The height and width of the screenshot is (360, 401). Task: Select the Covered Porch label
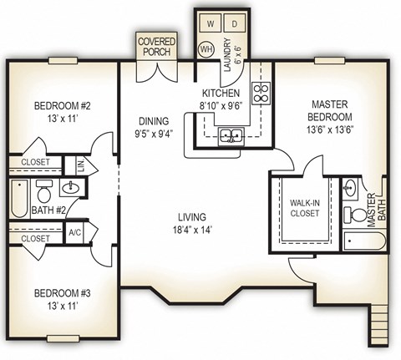point(156,45)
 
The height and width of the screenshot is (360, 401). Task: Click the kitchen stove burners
point(261,92)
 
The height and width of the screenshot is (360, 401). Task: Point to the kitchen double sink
point(231,135)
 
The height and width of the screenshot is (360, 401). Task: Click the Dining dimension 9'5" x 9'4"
point(152,132)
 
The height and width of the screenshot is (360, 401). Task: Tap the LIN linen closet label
point(79,165)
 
